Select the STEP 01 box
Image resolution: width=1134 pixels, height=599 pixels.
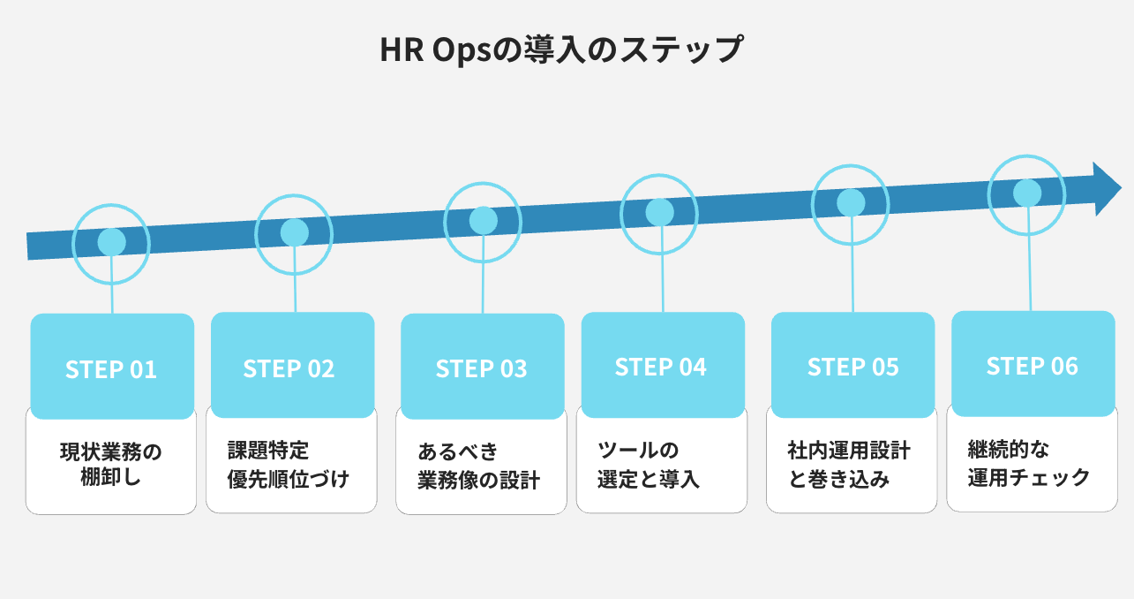[x=112, y=367]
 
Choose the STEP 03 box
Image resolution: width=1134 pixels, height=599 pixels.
[x=482, y=367]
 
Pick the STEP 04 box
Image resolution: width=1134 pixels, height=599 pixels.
[x=662, y=366]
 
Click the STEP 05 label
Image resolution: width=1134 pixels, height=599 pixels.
[x=852, y=366]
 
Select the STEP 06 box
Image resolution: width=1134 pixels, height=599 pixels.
[x=1033, y=365]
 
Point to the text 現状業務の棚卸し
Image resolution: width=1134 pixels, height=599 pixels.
[x=111, y=466]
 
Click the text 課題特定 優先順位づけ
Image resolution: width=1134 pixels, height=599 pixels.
[x=288, y=465]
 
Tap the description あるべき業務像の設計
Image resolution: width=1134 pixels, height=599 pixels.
[x=478, y=466]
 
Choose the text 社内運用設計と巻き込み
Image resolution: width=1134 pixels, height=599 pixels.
[x=848, y=465]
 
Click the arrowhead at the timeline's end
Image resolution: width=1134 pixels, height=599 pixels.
[x=1107, y=189]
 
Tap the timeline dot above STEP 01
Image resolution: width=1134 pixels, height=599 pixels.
[x=111, y=241]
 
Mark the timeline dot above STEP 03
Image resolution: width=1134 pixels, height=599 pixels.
[x=483, y=220]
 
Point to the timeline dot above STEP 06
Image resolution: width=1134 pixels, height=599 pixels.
[x=1026, y=192]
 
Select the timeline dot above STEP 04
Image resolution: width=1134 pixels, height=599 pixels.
[x=659, y=212]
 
